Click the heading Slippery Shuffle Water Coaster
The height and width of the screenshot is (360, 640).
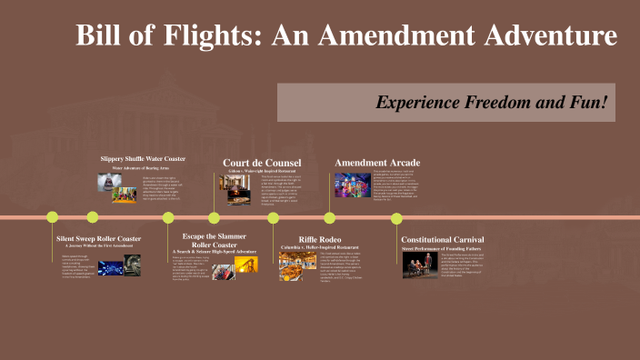pyautogui.click(x=143, y=158)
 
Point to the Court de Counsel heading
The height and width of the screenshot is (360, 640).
pyautogui.click(x=262, y=164)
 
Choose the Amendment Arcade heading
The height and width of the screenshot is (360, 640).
pyautogui.click(x=377, y=163)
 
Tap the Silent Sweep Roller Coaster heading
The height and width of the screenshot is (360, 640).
pyautogui.click(x=99, y=238)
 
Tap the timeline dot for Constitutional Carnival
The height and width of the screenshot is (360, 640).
pyautogui.click(x=396, y=217)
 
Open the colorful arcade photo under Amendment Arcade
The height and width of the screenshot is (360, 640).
pyautogui.click(x=354, y=185)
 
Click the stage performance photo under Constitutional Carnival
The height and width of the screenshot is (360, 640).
pyautogui.click(x=416, y=265)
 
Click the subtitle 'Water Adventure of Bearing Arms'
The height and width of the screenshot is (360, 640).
pyautogui.click(x=142, y=167)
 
